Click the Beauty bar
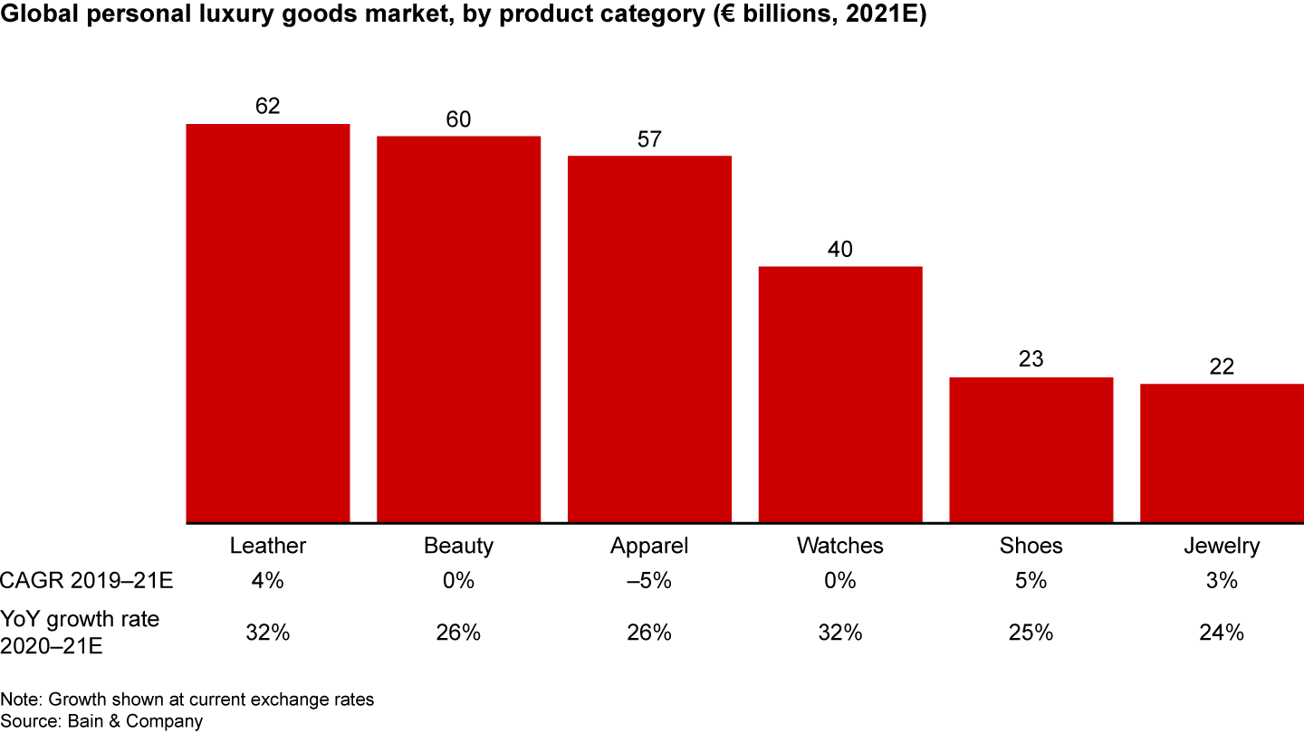pyautogui.click(x=458, y=329)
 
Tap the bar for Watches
pyautogui.click(x=840, y=395)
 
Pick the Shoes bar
pyautogui.click(x=1031, y=450)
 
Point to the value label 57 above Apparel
pyautogui.click(x=649, y=140)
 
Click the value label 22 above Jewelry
pyautogui.click(x=1222, y=368)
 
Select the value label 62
pyautogui.click(x=268, y=107)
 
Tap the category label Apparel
pyautogui.click(x=649, y=546)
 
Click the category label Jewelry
pyautogui.click(x=1222, y=546)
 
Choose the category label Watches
pyautogui.click(x=840, y=546)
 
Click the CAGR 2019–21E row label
pyautogui.click(x=87, y=581)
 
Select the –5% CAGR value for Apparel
pyautogui.click(x=649, y=581)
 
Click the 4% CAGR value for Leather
pyautogui.click(x=268, y=581)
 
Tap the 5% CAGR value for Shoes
pyautogui.click(x=1031, y=581)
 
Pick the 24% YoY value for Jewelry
pyautogui.click(x=1222, y=633)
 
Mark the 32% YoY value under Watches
pyautogui.click(x=840, y=633)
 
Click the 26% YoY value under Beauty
pyautogui.click(x=458, y=633)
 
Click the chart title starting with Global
pyautogui.click(x=463, y=17)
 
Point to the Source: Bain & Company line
pyautogui.click(x=101, y=720)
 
